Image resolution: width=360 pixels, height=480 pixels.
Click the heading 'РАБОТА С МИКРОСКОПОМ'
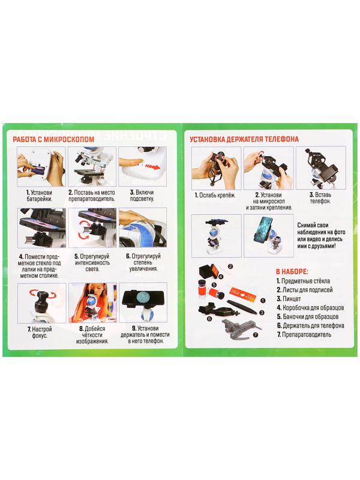53,139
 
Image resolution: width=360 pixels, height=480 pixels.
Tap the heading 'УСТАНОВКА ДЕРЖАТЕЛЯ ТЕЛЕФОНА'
244,139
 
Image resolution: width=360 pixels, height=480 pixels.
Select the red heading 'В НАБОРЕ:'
292,272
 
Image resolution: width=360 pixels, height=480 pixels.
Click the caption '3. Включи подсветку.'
142,196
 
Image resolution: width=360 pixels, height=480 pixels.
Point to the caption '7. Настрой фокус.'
40,332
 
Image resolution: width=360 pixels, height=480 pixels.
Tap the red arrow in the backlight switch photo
152,167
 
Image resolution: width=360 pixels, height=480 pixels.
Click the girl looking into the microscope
92,302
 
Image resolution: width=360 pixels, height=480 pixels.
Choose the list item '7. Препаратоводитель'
304,334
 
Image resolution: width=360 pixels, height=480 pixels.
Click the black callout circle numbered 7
256,335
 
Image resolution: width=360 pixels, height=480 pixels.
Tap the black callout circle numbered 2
230,266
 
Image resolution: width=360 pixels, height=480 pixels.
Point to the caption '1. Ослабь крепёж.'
215,195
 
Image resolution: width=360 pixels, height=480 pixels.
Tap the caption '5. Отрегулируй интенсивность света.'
92,263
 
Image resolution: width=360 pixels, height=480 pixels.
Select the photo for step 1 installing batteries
41,167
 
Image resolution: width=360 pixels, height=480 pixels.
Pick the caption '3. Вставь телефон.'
320,198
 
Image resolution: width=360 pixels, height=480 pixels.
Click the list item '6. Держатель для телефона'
310,325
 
